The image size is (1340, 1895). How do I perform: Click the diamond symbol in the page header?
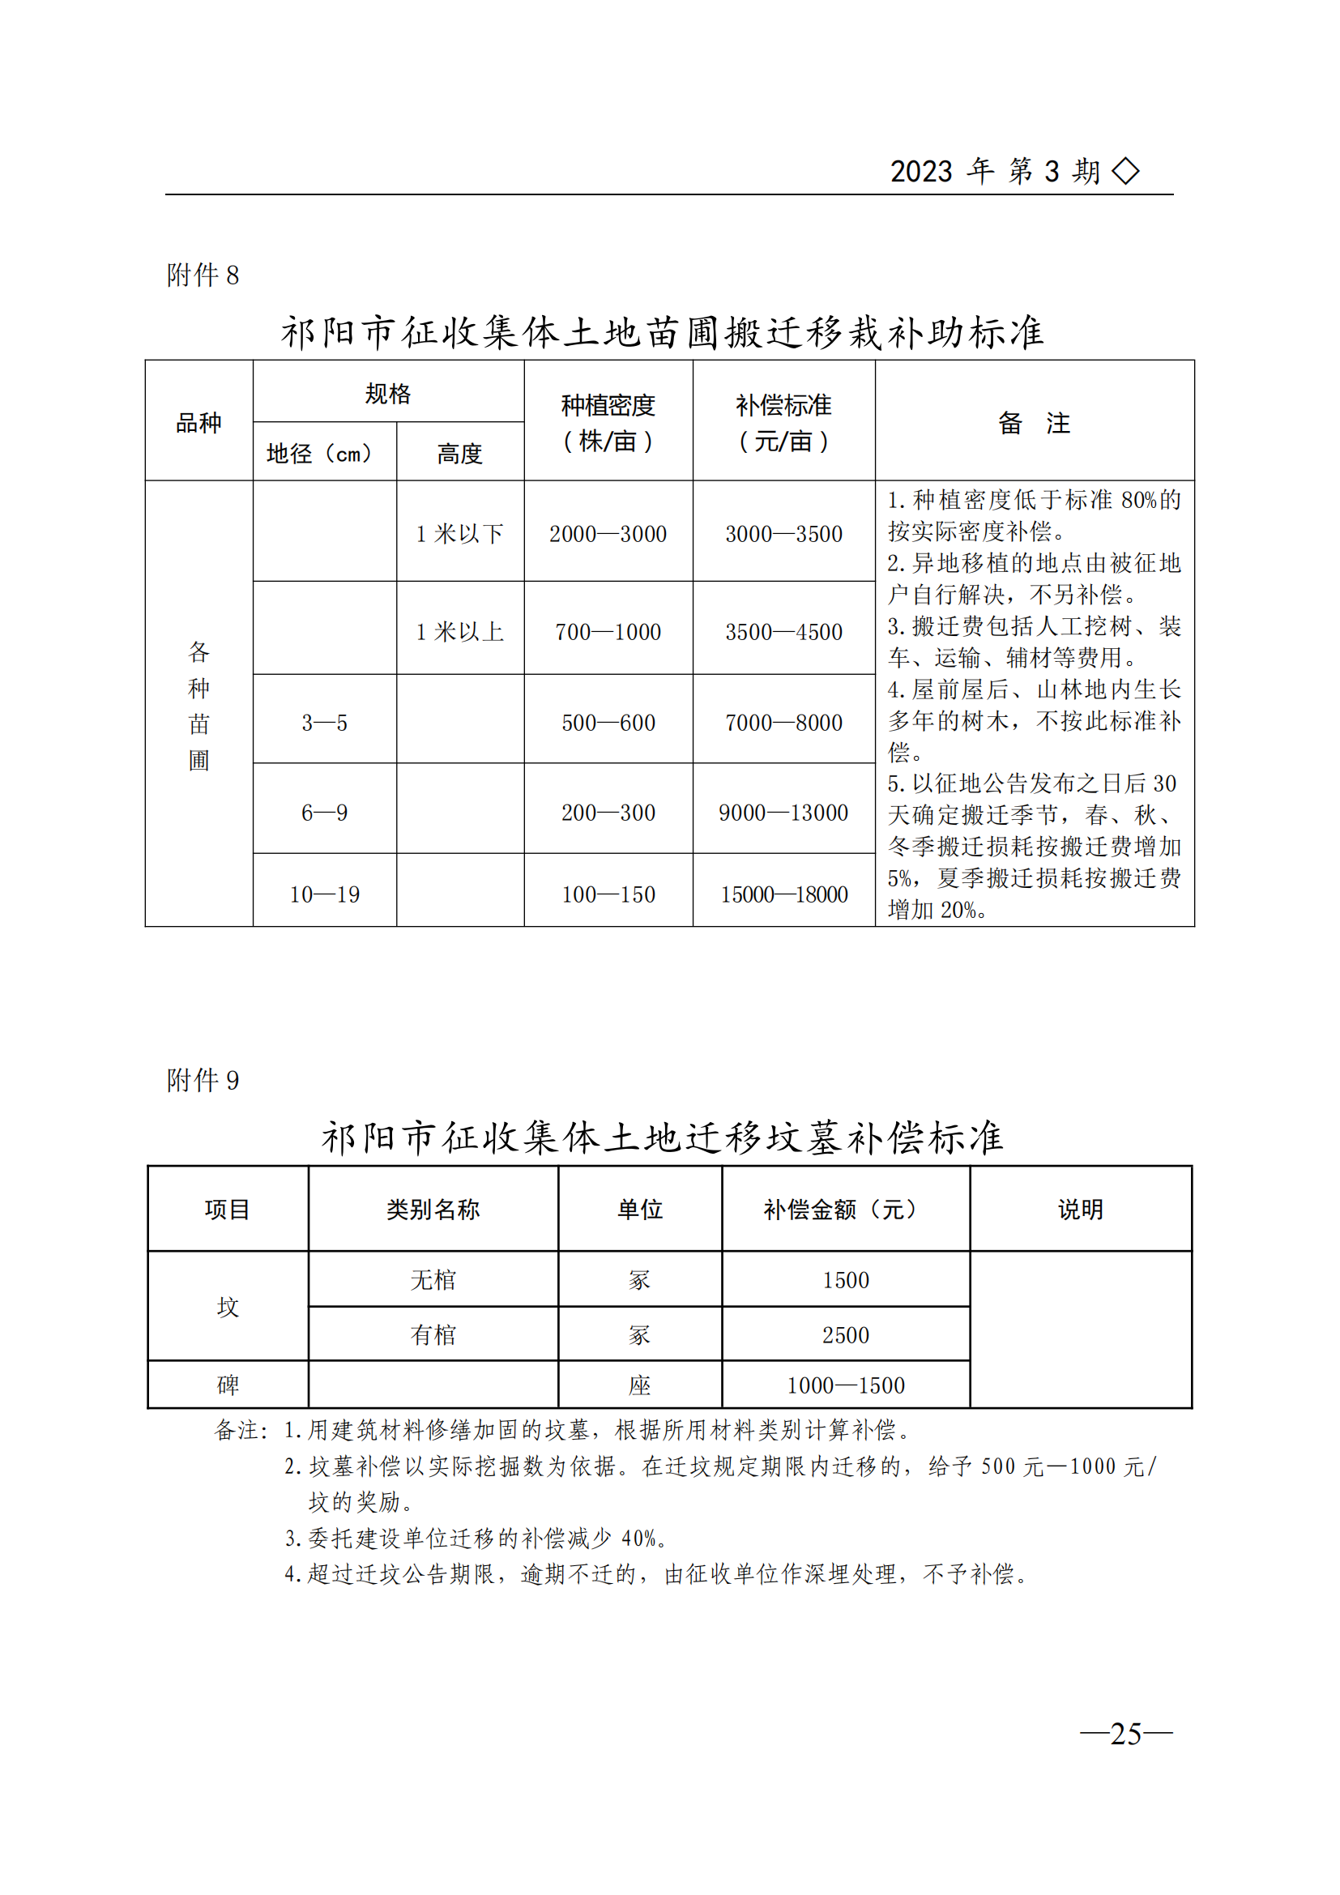(1125, 171)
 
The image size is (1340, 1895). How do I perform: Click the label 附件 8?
(203, 275)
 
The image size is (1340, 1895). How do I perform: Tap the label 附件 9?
(203, 1081)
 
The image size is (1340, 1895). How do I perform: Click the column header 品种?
(198, 423)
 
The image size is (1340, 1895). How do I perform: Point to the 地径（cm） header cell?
(319, 453)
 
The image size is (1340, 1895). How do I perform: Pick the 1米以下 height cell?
(459, 534)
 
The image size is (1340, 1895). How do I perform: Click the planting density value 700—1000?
(608, 632)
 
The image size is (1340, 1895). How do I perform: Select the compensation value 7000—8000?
(784, 723)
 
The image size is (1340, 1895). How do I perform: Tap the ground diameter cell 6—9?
(324, 813)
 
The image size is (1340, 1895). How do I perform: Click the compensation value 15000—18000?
(784, 894)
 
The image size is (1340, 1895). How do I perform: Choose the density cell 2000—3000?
(608, 534)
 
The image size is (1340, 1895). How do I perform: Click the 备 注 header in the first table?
(1034, 423)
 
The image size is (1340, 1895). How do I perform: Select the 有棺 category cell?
(433, 1334)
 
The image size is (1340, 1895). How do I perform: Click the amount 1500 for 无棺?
(846, 1280)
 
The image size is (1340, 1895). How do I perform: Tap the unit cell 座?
(639, 1385)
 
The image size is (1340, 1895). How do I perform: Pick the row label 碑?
(228, 1385)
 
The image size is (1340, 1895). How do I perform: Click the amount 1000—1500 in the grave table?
(846, 1385)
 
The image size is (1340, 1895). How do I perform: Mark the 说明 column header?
(1080, 1210)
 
